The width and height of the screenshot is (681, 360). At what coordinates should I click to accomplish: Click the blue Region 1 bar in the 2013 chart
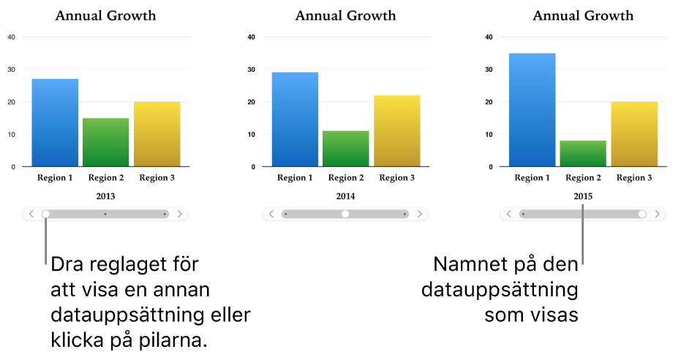[55, 123]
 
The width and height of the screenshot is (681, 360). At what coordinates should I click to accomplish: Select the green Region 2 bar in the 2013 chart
[105, 143]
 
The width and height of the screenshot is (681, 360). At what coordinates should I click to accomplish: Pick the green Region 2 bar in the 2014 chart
[345, 149]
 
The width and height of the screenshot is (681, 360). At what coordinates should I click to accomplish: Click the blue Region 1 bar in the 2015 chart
[532, 110]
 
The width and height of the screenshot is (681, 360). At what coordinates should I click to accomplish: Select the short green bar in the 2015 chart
[583, 154]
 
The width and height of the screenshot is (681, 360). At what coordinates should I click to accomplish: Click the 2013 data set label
[105, 196]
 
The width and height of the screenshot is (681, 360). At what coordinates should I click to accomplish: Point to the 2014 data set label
[345, 196]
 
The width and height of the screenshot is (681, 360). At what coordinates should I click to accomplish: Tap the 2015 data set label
[583, 196]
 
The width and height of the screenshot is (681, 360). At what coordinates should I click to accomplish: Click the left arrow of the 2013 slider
[31, 214]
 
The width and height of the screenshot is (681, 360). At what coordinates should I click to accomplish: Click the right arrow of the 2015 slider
[658, 214]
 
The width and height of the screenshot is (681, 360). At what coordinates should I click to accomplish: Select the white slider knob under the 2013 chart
[46, 214]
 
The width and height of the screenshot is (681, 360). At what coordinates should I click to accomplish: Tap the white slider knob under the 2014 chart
[345, 214]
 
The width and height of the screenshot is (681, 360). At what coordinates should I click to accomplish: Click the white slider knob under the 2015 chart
[642, 214]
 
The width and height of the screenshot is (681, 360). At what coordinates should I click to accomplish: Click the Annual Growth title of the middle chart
[345, 15]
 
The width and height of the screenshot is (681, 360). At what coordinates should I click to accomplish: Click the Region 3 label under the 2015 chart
[633, 178]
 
